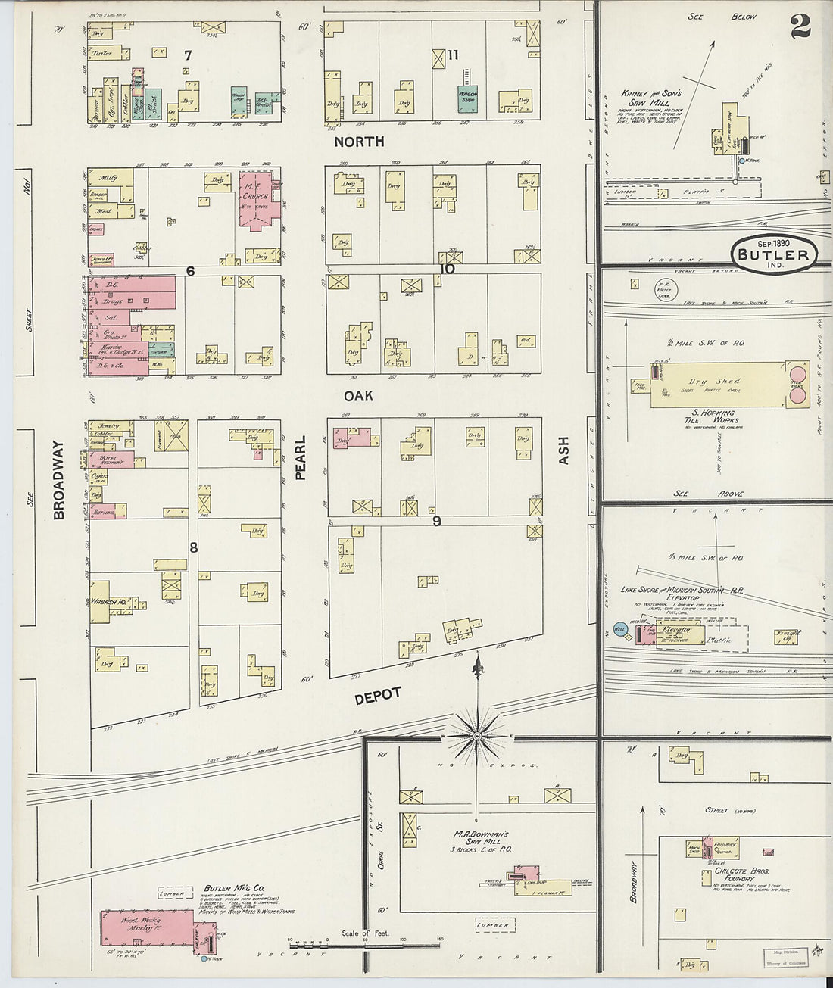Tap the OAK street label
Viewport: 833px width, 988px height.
[x=358, y=396]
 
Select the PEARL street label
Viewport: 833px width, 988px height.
[x=300, y=458]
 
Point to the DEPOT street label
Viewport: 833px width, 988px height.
[x=376, y=697]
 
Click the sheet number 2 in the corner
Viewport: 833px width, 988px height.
[x=800, y=26]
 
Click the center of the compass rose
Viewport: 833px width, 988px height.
[x=478, y=735]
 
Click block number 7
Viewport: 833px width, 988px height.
[x=187, y=55]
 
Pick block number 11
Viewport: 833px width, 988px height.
[x=453, y=55]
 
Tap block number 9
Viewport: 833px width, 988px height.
[x=437, y=521]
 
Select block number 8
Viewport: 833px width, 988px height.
[x=193, y=547]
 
